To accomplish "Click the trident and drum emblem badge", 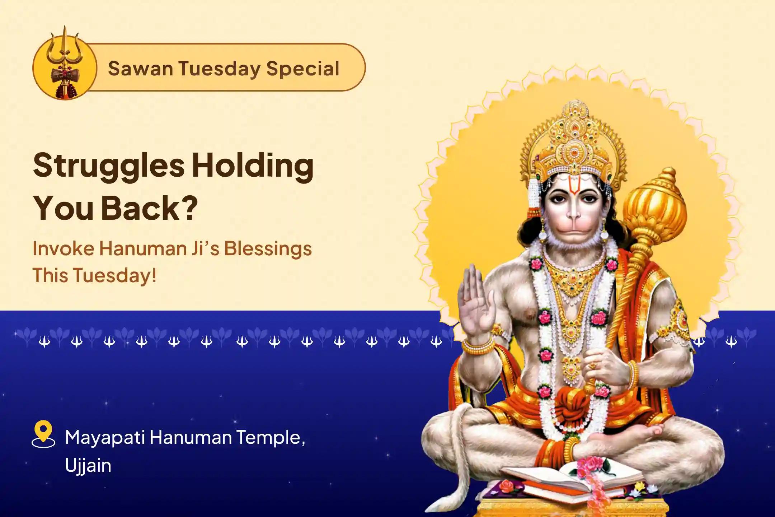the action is tap(65, 66).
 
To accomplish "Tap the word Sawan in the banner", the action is tap(140, 69).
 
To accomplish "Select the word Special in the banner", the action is tap(303, 69).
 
